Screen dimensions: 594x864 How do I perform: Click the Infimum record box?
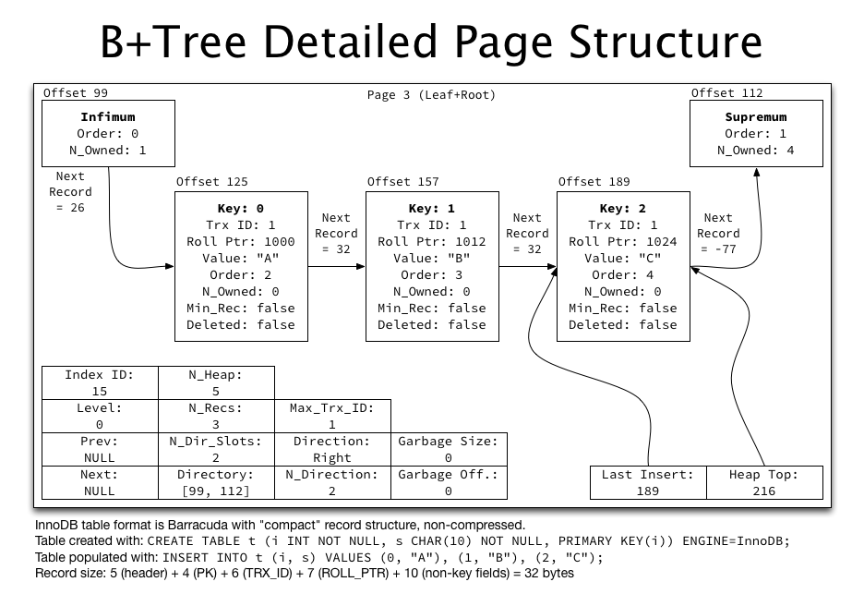tap(108, 133)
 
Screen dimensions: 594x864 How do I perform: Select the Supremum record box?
tap(756, 133)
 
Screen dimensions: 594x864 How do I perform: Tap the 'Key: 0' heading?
tap(241, 208)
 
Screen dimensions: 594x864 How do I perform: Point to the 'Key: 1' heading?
tap(432, 208)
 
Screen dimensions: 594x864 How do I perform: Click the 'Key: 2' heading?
tap(623, 208)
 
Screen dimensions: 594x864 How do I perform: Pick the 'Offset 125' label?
tap(212, 182)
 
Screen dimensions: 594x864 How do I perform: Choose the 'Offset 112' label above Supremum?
tap(727, 92)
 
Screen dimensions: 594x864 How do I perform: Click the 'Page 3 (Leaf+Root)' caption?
tap(431, 94)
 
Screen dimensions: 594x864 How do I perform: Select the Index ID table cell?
tap(100, 383)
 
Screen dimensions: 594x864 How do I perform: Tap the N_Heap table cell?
tap(216, 383)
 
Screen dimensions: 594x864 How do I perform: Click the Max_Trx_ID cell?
tap(332, 416)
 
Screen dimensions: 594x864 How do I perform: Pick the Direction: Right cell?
tap(332, 449)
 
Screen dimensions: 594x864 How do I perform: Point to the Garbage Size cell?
tap(449, 449)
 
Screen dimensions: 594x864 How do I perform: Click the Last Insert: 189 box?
tap(647, 482)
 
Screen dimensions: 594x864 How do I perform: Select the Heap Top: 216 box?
tap(763, 482)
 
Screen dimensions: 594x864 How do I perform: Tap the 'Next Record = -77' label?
tap(718, 235)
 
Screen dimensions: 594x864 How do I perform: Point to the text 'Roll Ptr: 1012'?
tap(432, 241)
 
